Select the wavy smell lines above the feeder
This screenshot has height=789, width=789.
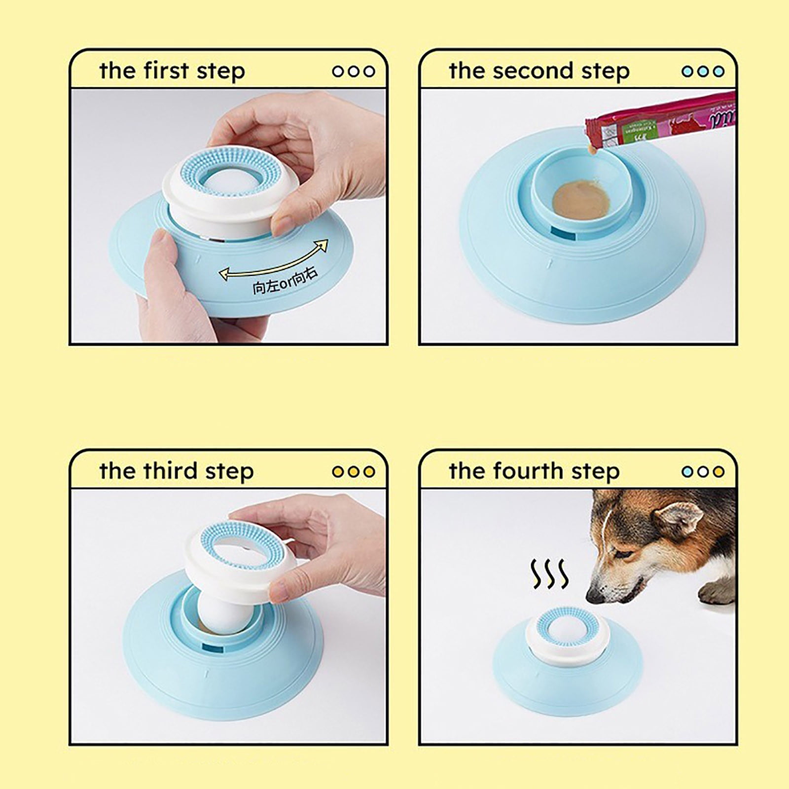coord(549,574)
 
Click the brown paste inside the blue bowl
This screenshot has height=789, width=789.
coord(581,199)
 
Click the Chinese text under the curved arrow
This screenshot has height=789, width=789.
coord(285,282)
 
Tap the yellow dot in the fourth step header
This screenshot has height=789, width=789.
coord(718,471)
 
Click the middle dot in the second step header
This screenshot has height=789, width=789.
coord(703,72)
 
